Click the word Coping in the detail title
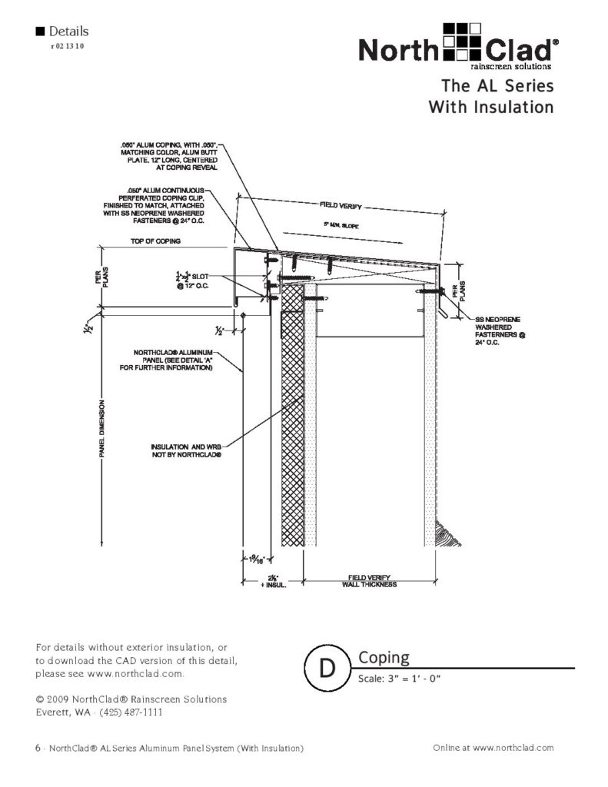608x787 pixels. (x=384, y=658)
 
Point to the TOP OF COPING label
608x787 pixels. (x=155, y=241)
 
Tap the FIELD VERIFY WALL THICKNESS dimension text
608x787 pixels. (x=371, y=581)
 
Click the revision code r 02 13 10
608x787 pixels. (x=67, y=46)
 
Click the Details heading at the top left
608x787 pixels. (x=68, y=32)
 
